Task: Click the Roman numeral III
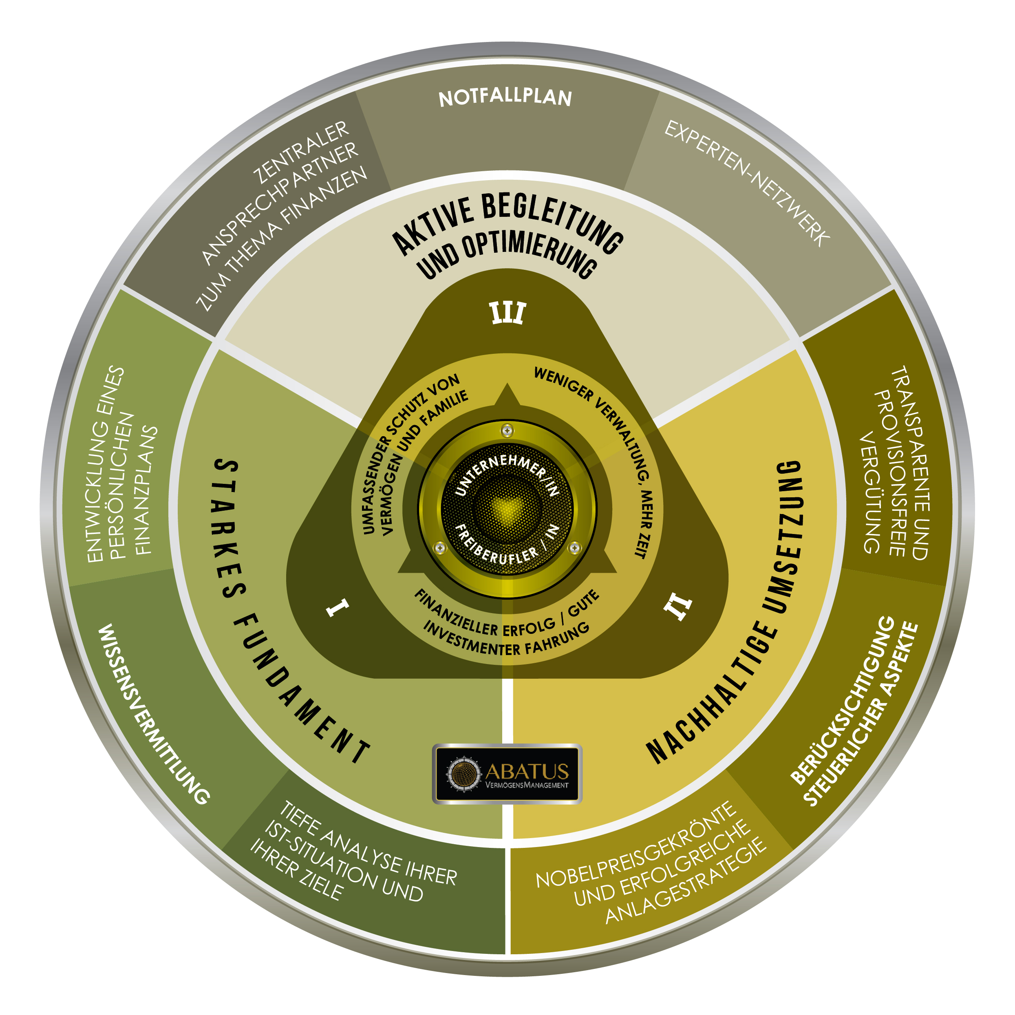508,313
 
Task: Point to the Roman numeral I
337,607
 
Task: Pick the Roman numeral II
678,608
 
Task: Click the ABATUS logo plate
507,774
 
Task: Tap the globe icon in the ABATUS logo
463,773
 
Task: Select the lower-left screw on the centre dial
440,548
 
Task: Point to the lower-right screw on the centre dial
575,548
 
